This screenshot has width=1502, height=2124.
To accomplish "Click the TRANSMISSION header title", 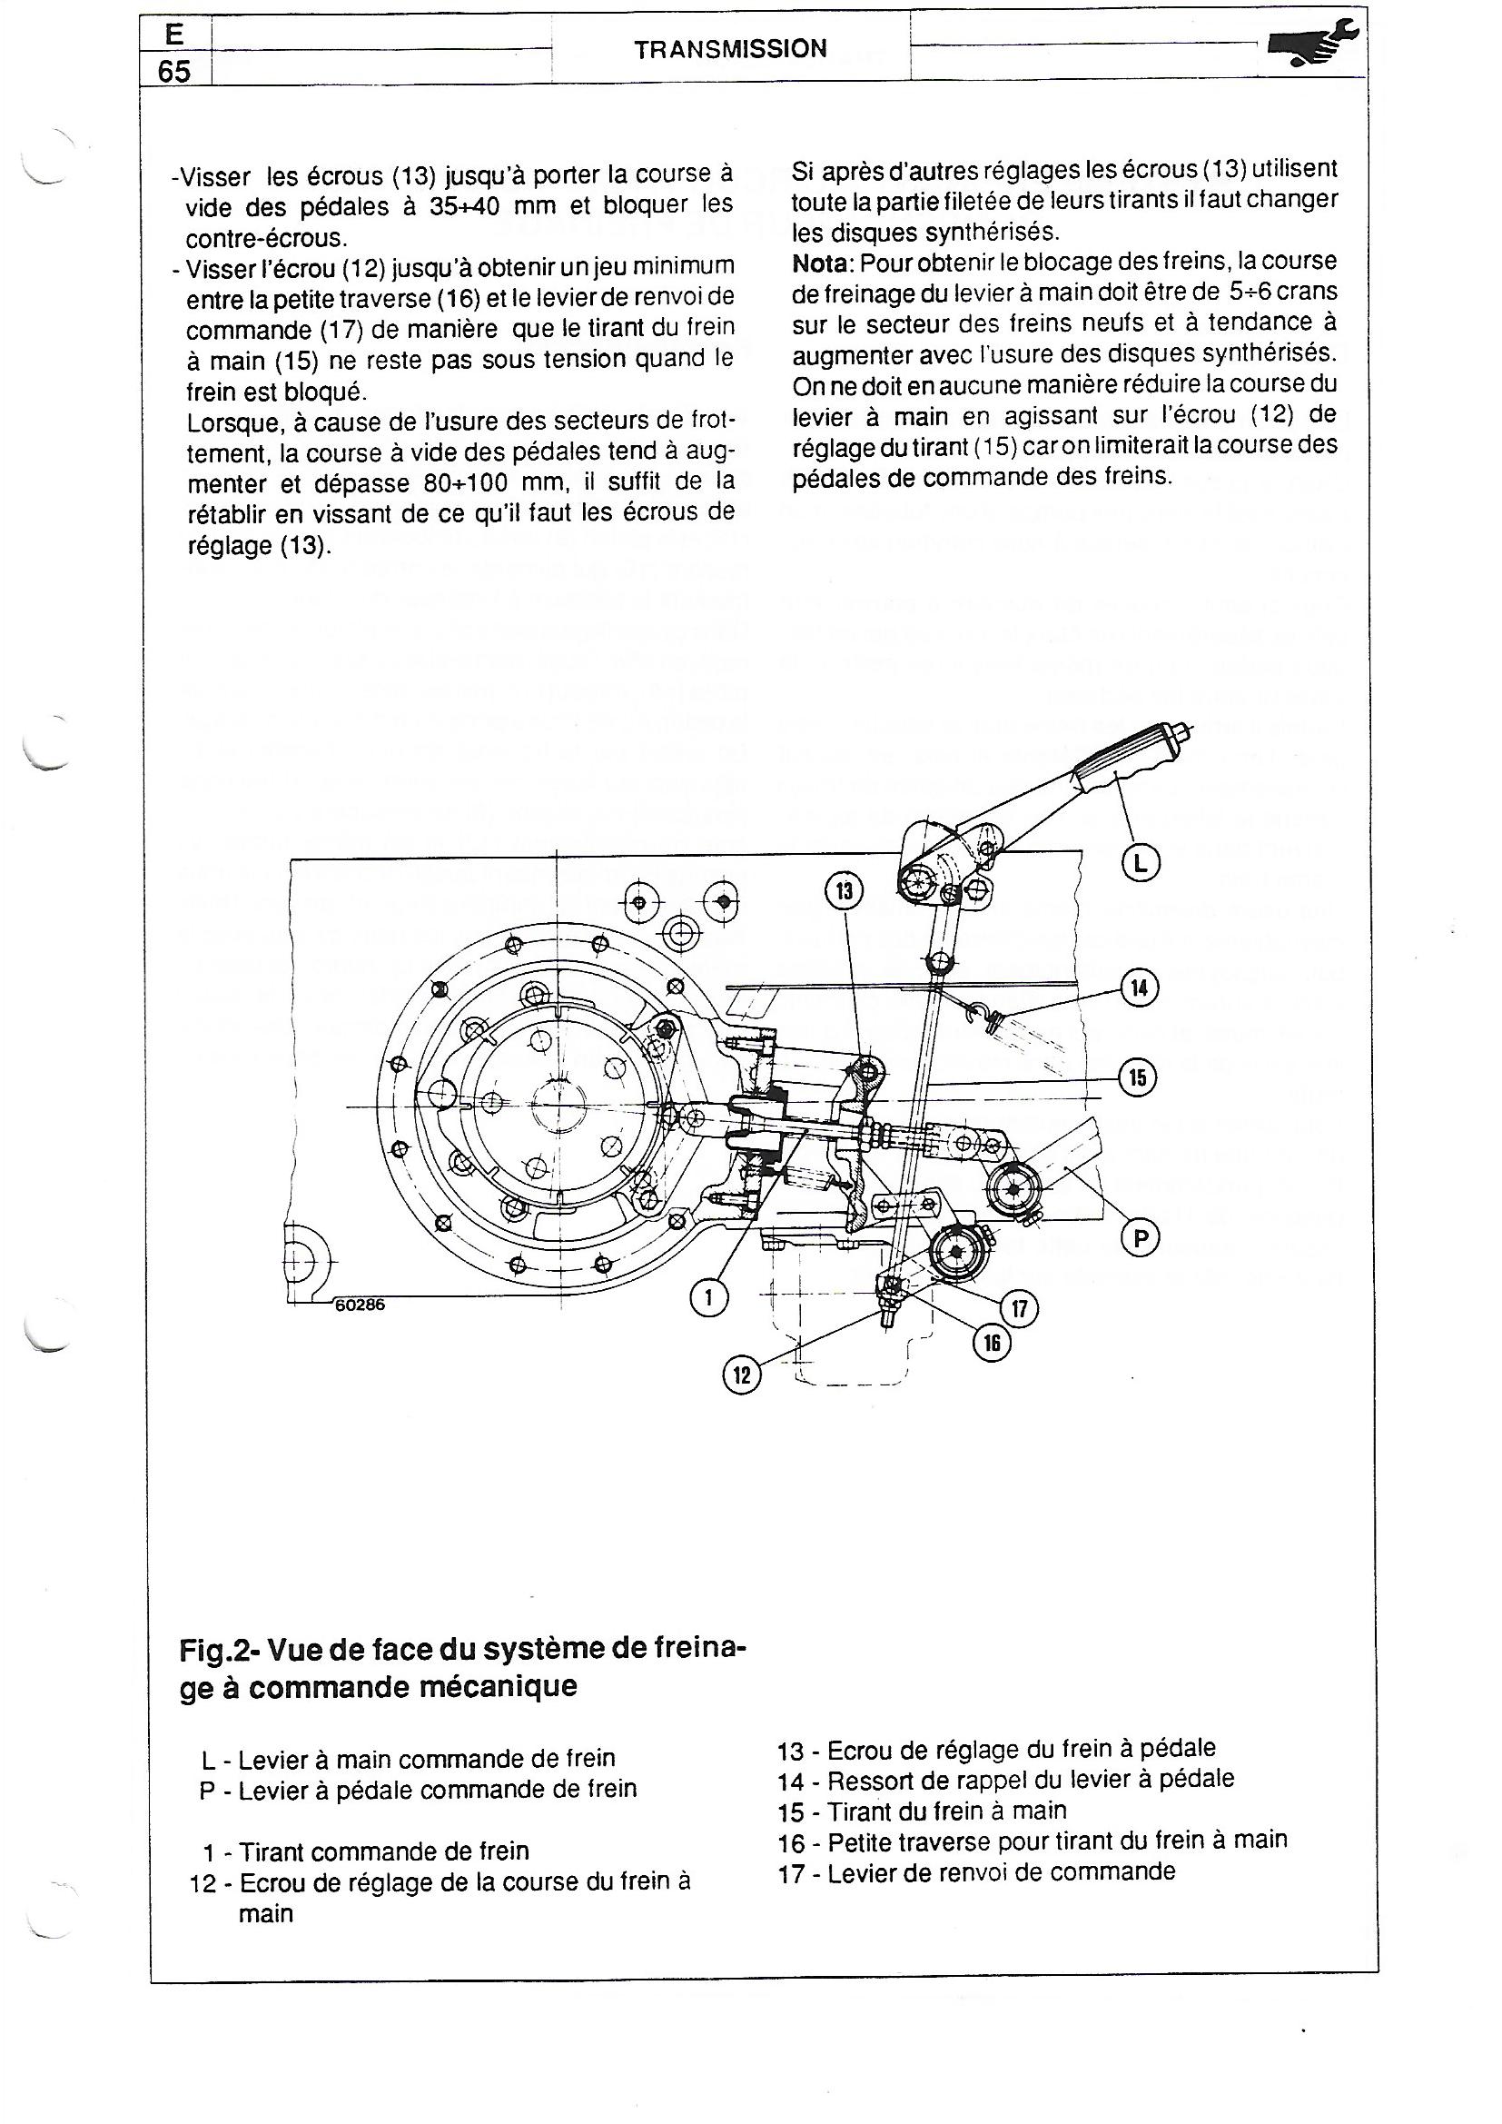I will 731,50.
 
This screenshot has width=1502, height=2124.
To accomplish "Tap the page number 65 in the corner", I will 173,71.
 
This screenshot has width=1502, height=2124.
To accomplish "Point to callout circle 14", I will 1140,988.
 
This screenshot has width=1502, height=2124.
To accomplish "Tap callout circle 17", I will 1020,1309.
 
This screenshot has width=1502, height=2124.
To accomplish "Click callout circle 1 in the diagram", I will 709,1296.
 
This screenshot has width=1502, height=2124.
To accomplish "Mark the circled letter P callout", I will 1140,1237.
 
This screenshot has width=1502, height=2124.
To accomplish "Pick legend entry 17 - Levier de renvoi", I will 978,1871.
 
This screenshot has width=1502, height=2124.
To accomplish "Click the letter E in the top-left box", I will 173,35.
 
